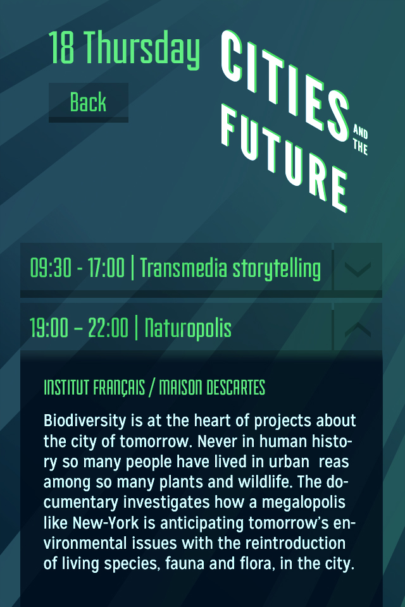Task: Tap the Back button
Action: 89,102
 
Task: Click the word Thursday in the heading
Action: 142,49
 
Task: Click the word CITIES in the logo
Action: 285,85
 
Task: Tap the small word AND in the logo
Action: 361,132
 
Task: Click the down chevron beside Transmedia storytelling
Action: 358,268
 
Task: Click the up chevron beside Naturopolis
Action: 358,329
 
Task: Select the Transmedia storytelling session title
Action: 230,268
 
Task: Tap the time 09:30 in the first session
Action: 51,268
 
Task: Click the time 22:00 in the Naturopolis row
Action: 108,328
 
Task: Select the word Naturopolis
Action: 188,328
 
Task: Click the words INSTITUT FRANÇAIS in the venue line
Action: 94,388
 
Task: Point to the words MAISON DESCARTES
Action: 212,388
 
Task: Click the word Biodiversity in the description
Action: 85,421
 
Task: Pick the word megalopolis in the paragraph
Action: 304,503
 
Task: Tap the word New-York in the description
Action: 106,523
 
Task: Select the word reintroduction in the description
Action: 296,543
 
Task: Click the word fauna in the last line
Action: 185,563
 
